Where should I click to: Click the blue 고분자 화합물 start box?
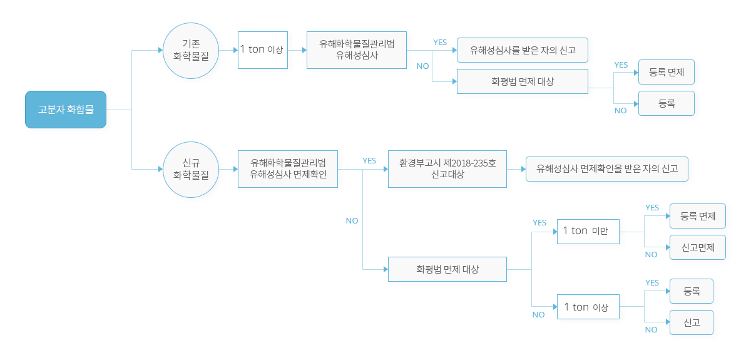[66, 110]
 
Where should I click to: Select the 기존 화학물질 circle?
[191, 50]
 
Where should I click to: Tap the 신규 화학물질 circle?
[191, 169]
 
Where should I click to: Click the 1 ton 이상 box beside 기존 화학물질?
[263, 49]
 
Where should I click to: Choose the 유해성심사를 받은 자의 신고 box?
[523, 50]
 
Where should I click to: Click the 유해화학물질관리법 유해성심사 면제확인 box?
[288, 169]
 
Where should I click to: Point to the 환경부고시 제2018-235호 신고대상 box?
[447, 169]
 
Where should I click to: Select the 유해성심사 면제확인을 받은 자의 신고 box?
[606, 169]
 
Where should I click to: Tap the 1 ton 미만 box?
[588, 231]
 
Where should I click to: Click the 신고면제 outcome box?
[697, 247]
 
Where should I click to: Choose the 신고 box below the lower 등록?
[691, 322]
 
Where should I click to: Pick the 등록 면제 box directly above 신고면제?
[697, 216]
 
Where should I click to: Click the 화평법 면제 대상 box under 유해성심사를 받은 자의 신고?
[523, 81]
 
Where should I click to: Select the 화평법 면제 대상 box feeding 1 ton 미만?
[447, 269]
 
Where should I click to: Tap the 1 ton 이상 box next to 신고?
[588, 307]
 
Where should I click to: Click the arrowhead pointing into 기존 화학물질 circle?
[160, 50]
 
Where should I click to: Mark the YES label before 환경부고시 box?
[369, 161]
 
